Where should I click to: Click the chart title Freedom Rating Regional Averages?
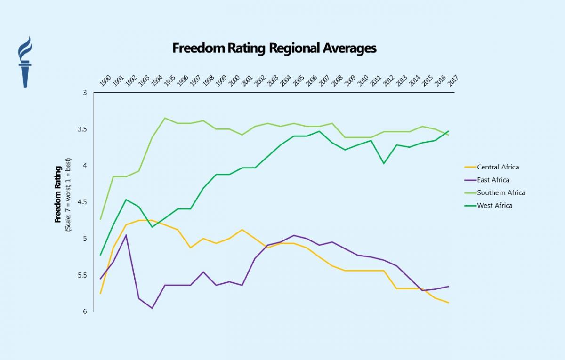point(274,48)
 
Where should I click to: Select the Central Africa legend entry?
point(498,167)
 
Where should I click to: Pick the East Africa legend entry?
point(493,180)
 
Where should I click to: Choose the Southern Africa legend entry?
point(501,192)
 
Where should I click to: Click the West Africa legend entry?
point(494,205)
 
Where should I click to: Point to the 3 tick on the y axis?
point(85,93)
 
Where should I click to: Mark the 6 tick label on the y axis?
point(85,311)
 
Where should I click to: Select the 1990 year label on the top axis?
point(105,80)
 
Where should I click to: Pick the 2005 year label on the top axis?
point(298,80)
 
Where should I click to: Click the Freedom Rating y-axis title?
point(58,194)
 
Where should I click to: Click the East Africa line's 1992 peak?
point(126,235)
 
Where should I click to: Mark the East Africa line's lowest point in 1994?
point(152,308)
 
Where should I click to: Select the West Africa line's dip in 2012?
point(384,163)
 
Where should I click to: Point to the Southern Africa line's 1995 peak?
point(165,118)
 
